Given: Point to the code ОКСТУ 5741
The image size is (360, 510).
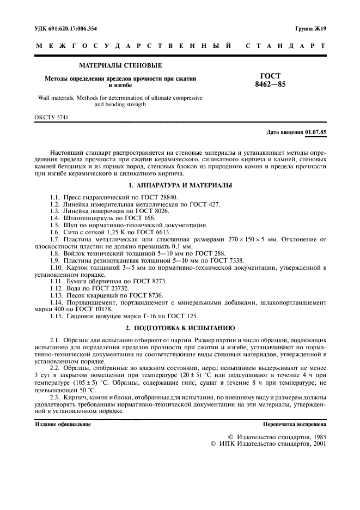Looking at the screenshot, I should point(51,117).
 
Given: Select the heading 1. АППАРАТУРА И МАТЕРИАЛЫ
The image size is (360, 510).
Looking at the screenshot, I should point(180,186).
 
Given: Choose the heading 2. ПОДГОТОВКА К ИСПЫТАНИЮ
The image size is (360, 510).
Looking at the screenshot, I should point(180,329).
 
